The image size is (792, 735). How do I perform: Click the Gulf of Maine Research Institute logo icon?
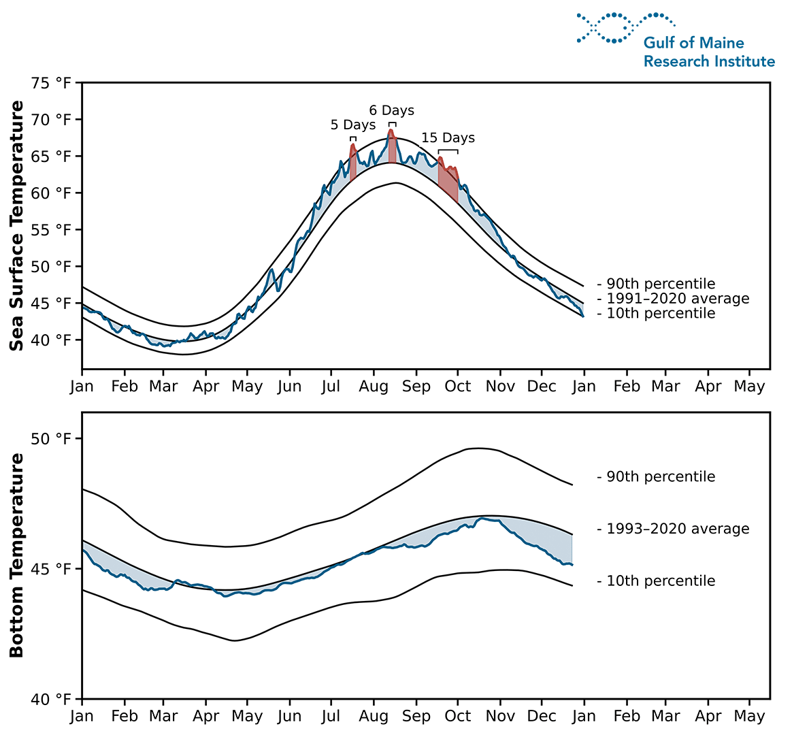pyautogui.click(x=625, y=28)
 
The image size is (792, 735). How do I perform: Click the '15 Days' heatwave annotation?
pyautogui.click(x=448, y=138)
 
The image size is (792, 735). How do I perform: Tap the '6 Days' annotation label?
pyautogui.click(x=391, y=110)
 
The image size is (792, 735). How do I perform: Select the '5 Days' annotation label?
pyautogui.click(x=353, y=125)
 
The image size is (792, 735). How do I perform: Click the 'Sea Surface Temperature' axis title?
pyautogui.click(x=17, y=226)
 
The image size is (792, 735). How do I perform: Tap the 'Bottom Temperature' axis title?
pyautogui.click(x=17, y=555)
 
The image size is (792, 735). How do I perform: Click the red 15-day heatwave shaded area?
pyautogui.click(x=447, y=178)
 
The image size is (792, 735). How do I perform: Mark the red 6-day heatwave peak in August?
pyautogui.click(x=392, y=146)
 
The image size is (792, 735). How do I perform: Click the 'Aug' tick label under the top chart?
pyautogui.click(x=374, y=387)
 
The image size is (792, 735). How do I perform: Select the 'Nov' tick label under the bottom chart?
pyautogui.click(x=500, y=717)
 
